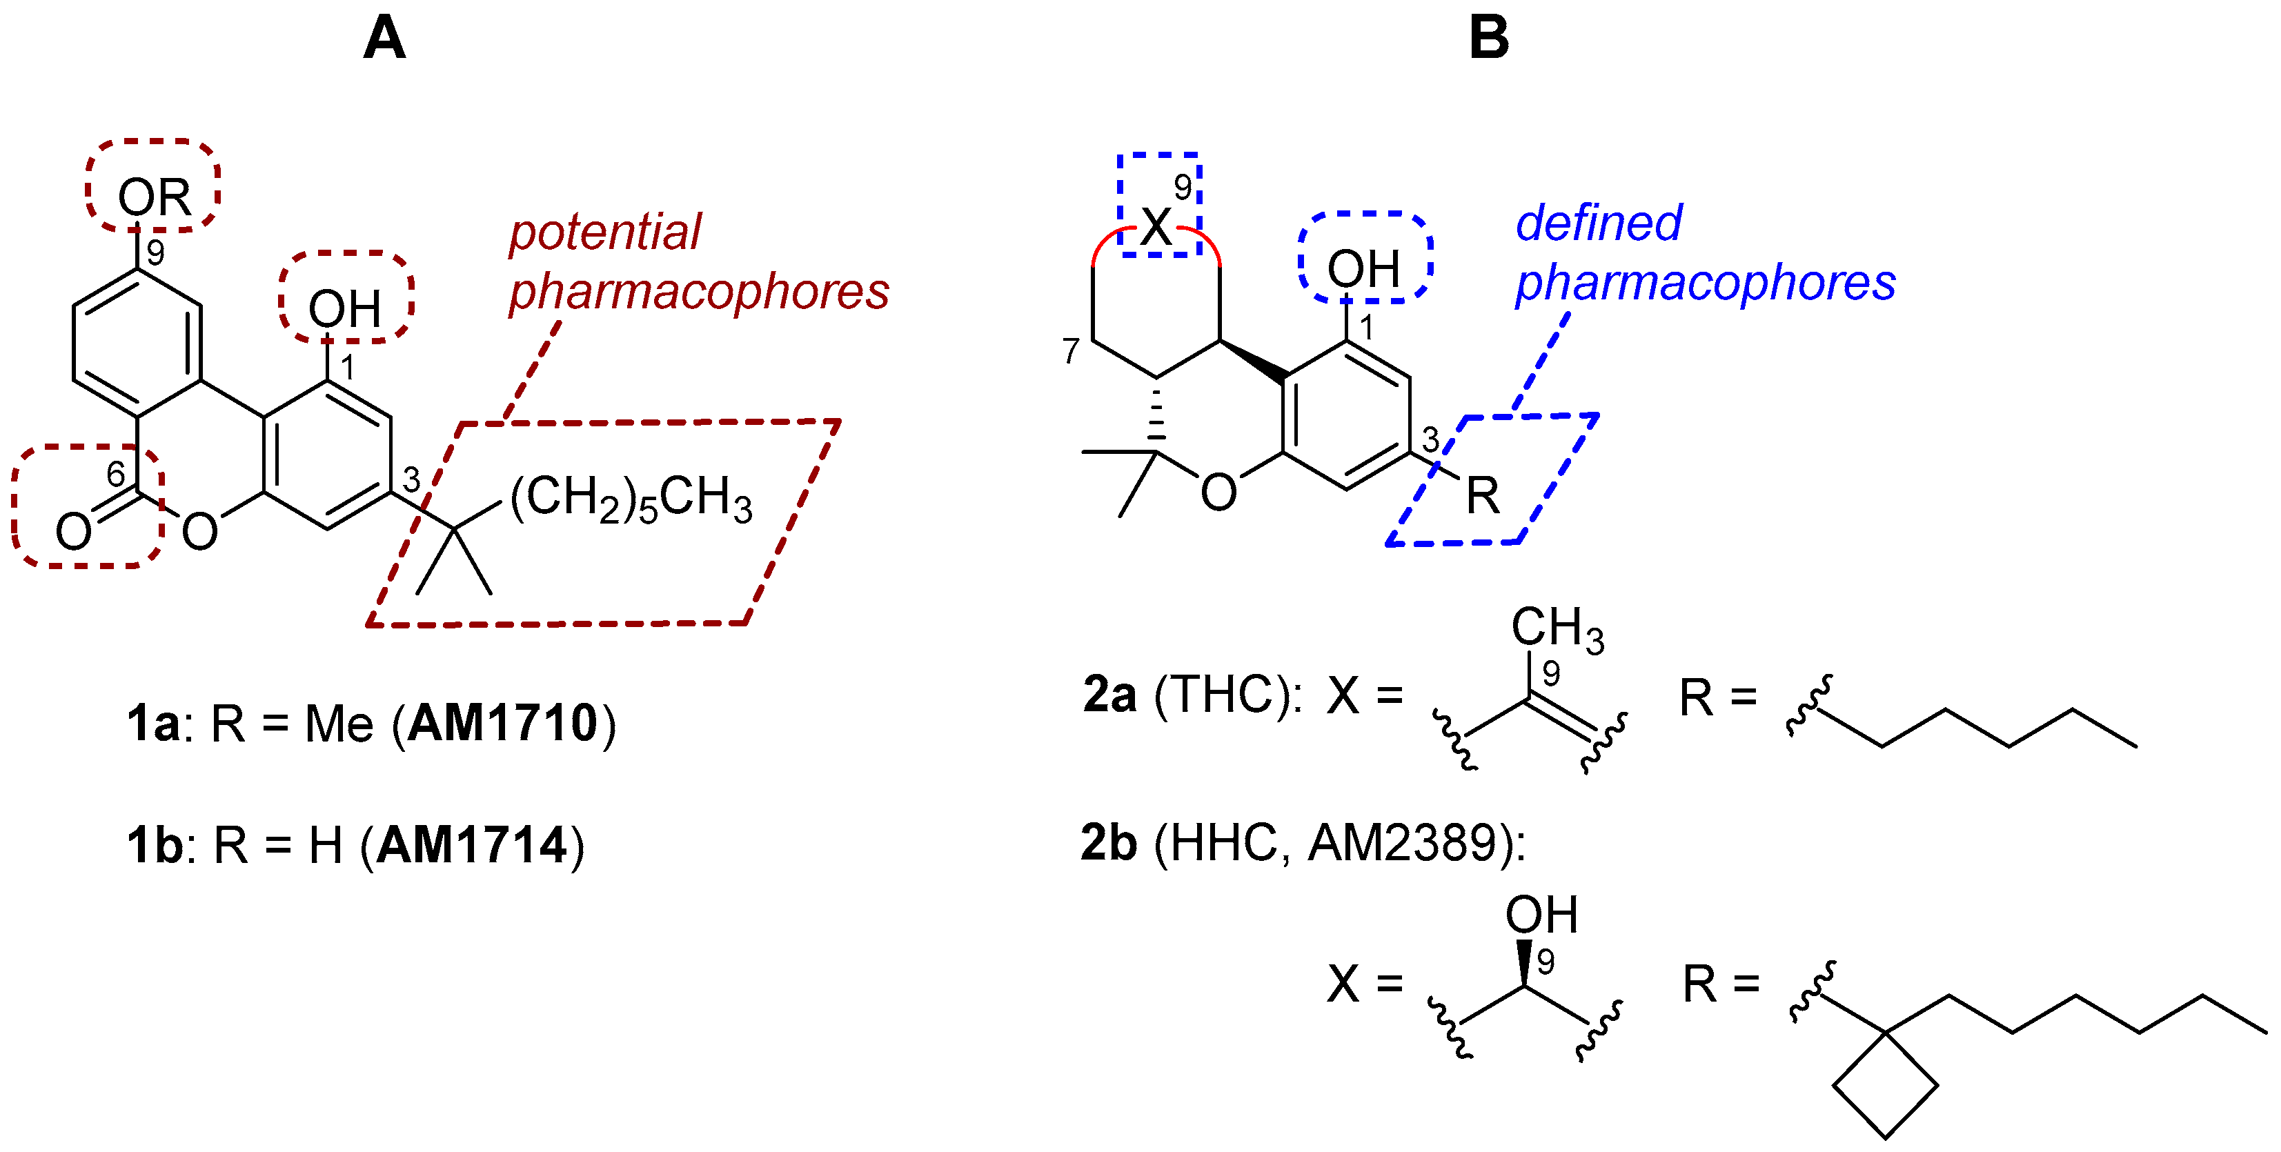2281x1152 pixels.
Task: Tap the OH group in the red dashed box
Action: (344, 308)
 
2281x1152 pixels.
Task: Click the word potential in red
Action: (605, 232)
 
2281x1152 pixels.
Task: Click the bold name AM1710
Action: (503, 724)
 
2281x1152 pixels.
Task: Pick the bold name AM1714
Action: (472, 845)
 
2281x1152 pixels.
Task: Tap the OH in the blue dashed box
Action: (1363, 268)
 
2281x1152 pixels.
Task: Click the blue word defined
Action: (1599, 222)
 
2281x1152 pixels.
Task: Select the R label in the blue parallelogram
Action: (1482, 495)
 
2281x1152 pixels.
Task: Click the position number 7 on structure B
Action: (1071, 352)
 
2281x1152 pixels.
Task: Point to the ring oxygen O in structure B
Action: (1218, 493)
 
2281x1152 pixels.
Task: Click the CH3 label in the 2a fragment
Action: (1557, 628)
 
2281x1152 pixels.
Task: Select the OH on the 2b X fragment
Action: (1541, 915)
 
